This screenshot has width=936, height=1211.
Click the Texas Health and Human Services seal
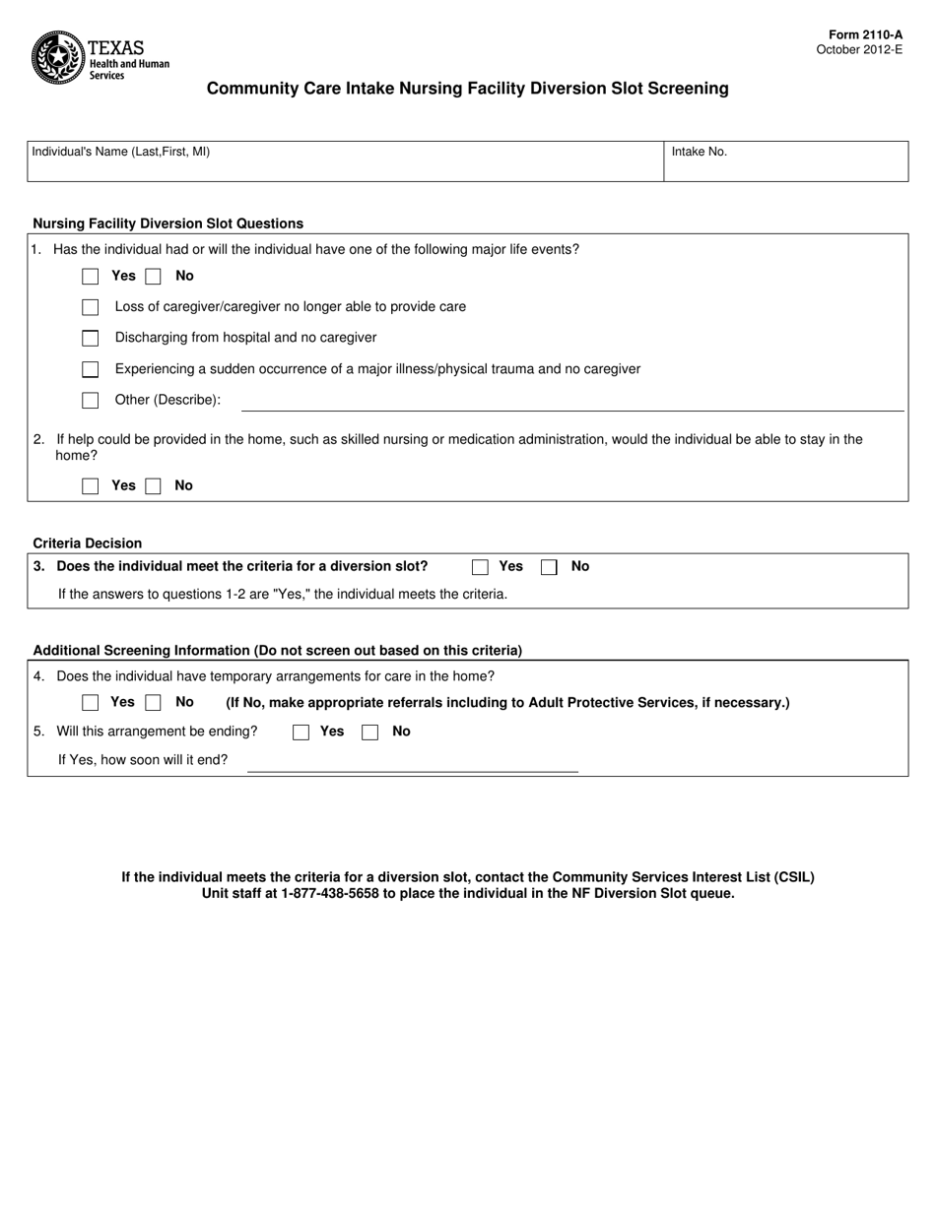pos(57,57)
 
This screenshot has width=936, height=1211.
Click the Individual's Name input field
pos(345,162)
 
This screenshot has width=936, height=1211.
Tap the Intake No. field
pos(785,162)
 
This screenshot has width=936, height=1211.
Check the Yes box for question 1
pos(91,277)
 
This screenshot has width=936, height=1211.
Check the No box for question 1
pos(153,277)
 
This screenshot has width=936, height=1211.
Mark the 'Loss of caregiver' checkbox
pos(91,307)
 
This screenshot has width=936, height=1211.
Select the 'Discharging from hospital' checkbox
pos(91,339)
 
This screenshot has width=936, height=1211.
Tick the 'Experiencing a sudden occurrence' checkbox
pos(91,369)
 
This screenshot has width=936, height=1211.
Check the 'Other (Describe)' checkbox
pos(91,401)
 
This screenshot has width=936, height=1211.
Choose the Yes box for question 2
pos(91,486)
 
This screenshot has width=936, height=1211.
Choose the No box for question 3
pos(549,567)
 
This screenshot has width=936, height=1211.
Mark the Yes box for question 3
pos(480,567)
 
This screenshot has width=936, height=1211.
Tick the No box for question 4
pos(153,703)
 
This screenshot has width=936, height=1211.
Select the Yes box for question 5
pos(301,732)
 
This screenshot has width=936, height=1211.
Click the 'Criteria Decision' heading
pos(88,543)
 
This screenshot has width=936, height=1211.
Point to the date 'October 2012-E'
pos(859,49)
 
